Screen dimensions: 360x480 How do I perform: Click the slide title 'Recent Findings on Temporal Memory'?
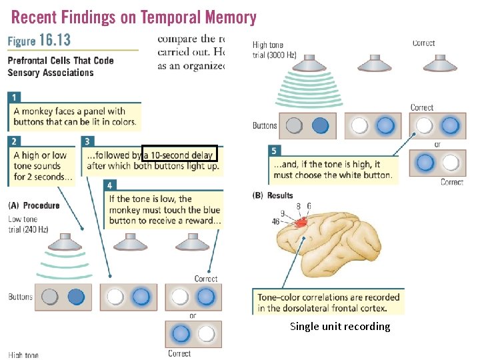coord(132,17)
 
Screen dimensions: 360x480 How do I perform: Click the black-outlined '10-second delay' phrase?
coord(180,155)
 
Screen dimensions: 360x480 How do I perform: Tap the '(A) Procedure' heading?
coord(34,205)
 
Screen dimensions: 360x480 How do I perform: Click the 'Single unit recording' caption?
coord(340,326)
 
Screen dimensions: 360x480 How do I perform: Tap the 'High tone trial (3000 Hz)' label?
coord(274,50)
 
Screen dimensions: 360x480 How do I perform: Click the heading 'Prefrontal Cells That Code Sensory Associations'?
coord(60,66)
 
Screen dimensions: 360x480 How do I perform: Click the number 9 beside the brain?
coord(283,214)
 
